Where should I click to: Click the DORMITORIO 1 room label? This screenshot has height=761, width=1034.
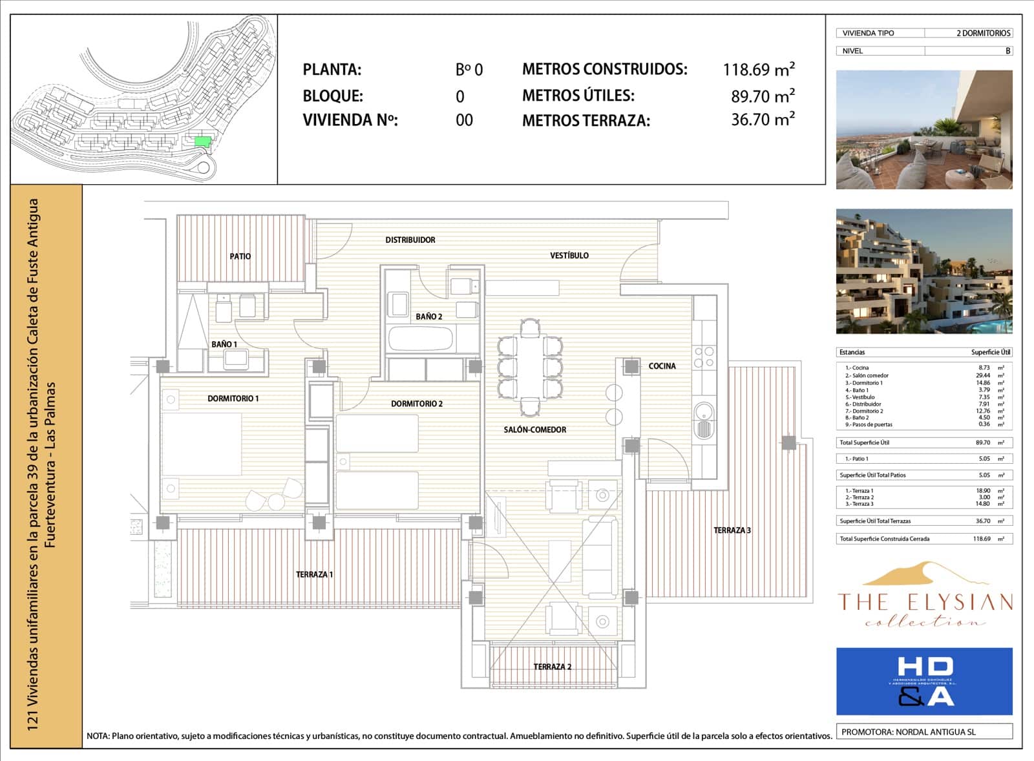(233, 399)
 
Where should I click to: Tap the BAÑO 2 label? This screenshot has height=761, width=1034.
(428, 317)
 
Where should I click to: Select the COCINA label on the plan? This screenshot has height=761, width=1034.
(662, 366)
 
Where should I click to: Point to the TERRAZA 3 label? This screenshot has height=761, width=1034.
(732, 530)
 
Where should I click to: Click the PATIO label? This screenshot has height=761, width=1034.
(240, 256)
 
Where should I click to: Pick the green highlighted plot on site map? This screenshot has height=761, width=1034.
(202, 141)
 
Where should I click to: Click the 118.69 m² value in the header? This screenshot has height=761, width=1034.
(758, 69)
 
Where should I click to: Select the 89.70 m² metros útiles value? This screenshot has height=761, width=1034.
(762, 96)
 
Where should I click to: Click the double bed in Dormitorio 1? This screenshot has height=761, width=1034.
(202, 444)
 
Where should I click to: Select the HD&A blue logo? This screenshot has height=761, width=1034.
(924, 681)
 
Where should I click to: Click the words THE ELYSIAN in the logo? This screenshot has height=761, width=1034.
(925, 602)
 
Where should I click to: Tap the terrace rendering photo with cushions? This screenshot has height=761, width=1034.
(924, 130)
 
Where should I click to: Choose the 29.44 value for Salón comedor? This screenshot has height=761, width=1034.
(982, 375)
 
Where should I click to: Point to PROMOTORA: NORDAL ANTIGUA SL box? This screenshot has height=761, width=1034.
(924, 732)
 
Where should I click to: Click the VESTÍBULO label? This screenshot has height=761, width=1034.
(569, 256)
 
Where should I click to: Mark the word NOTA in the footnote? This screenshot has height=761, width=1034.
(98, 736)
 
